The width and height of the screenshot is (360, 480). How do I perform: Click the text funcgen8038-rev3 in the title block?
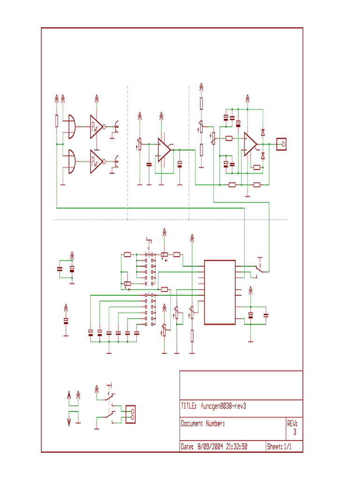point(223,406)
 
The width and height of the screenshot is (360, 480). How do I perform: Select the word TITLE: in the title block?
point(188,406)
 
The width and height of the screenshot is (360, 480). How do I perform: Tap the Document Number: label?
point(202,424)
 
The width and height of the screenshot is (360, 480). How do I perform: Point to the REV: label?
point(292,423)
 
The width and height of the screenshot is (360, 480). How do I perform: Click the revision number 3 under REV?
point(295,432)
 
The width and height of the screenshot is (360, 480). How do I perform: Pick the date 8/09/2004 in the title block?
point(210,447)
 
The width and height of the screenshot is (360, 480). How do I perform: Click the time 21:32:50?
point(237,447)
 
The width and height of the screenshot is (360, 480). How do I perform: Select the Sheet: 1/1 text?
point(279,447)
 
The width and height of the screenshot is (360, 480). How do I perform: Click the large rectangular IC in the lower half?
point(220,292)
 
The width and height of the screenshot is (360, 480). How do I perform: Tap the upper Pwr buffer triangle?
point(96,127)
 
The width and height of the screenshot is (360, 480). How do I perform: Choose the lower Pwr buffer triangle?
point(96,162)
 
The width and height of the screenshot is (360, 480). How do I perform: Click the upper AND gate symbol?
point(72,127)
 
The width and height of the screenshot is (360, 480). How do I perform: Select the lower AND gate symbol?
point(72,162)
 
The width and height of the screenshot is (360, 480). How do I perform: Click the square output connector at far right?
point(281,144)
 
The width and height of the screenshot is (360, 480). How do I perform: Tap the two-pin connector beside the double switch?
point(130,414)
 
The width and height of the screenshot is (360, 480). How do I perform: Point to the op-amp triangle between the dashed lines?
point(164,150)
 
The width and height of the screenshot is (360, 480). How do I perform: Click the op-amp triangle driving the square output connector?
point(250,144)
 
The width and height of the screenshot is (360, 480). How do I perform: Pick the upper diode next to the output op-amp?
point(262,133)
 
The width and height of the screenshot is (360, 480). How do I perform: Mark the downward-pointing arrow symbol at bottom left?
point(69,422)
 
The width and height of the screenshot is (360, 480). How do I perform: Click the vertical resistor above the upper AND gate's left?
point(57,120)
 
